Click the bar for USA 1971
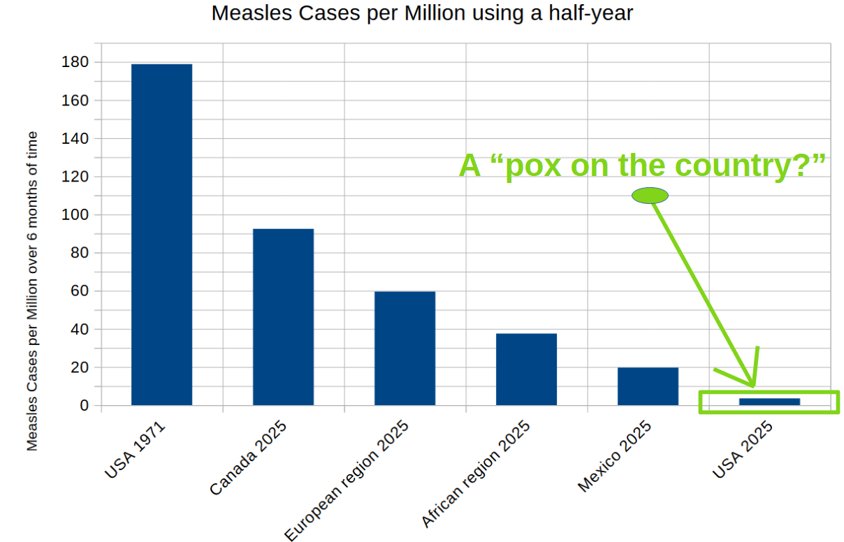pyautogui.click(x=161, y=234)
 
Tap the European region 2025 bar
pyautogui.click(x=405, y=348)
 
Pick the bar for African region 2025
pyautogui.click(x=526, y=369)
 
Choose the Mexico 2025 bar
pyautogui.click(x=648, y=386)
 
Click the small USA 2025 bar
pyautogui.click(x=769, y=402)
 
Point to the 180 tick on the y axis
pyautogui.click(x=75, y=62)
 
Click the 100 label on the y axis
pyautogui.click(x=75, y=215)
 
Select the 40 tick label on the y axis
pyautogui.click(x=79, y=329)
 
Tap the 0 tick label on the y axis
pyautogui.click(x=84, y=406)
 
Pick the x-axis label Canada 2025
pyautogui.click(x=248, y=458)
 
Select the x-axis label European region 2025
pyautogui.click(x=347, y=481)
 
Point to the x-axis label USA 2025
pyautogui.click(x=742, y=450)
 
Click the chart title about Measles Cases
pyautogui.click(x=422, y=13)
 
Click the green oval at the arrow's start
pyautogui.click(x=650, y=196)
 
